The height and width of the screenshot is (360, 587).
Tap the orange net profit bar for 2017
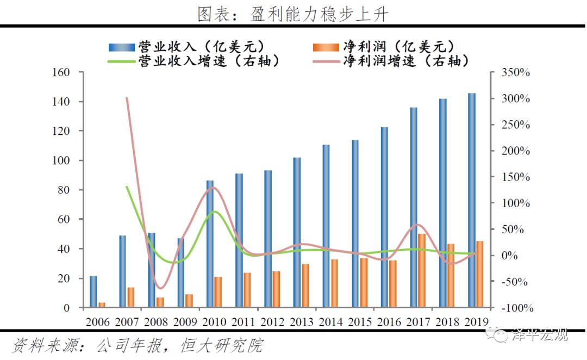(422, 270)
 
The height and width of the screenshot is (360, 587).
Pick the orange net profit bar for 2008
(160, 302)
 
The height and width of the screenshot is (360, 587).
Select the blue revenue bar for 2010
(210, 244)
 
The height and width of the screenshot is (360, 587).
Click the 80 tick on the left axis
(65, 190)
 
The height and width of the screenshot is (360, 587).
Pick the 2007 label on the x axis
(127, 321)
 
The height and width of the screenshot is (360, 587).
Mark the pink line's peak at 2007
(127, 98)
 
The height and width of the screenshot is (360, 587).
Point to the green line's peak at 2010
(214, 212)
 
